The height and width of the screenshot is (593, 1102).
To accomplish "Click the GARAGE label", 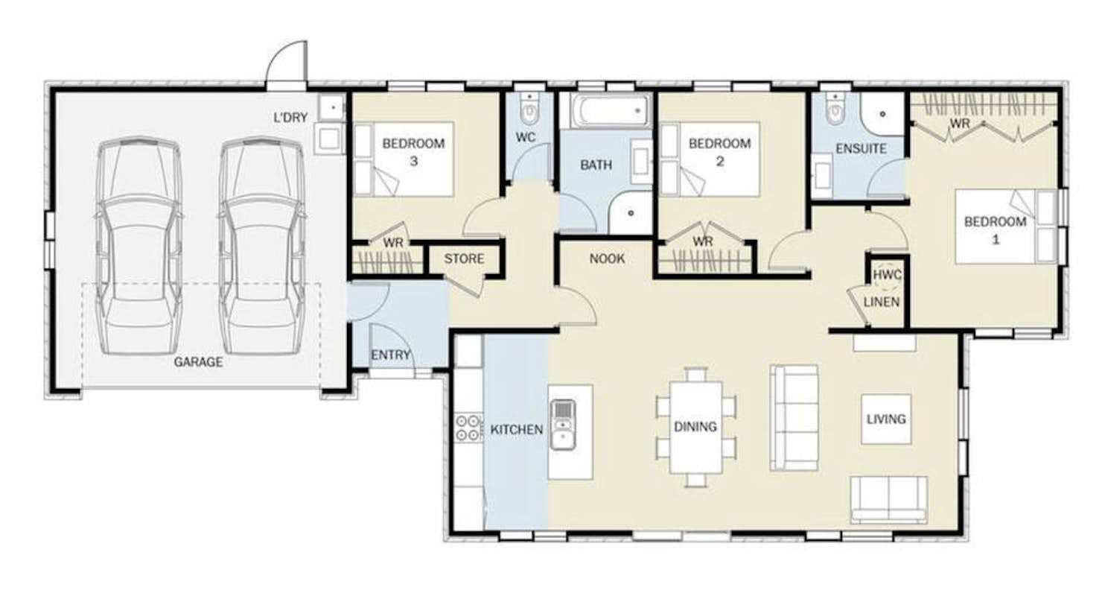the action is click(x=198, y=362).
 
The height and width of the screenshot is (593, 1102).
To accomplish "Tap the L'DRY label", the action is click(x=290, y=118).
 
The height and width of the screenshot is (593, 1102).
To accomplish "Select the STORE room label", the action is click(x=464, y=259).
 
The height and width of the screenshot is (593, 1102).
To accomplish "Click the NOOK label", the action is click(x=607, y=259).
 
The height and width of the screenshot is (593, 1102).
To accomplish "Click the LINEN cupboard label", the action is click(x=882, y=302).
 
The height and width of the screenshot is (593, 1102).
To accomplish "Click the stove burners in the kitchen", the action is click(x=468, y=428).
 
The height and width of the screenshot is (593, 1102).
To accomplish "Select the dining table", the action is click(x=695, y=427).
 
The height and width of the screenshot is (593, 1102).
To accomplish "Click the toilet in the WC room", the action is click(x=529, y=111).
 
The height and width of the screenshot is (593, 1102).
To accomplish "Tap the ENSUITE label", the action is click(x=861, y=148).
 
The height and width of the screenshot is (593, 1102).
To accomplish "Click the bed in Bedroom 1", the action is click(x=1006, y=226).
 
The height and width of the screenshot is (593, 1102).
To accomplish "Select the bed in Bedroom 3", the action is click(x=404, y=159).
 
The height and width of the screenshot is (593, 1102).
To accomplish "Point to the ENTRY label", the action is click(x=391, y=355).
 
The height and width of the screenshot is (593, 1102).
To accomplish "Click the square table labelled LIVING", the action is click(x=886, y=419).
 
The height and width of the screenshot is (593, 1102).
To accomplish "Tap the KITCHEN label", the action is click(x=517, y=430).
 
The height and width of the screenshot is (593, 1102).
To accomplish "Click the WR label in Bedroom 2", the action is click(x=703, y=241).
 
